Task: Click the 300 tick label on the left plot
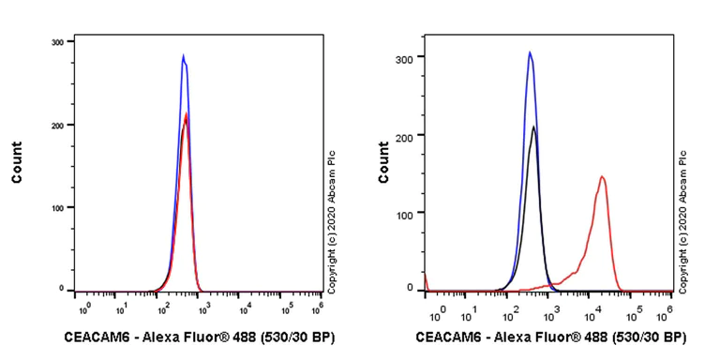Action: coord(57,42)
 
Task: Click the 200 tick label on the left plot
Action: coord(57,125)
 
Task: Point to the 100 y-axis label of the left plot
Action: coord(57,207)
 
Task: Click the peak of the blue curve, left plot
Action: coord(184,55)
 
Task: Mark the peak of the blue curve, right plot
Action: coord(530,52)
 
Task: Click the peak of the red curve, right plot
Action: coord(602,176)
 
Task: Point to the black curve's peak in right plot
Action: coord(533,127)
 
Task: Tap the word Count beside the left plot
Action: coord(18,161)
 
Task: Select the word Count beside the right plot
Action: coord(383,161)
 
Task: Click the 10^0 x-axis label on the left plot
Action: coord(82,307)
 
